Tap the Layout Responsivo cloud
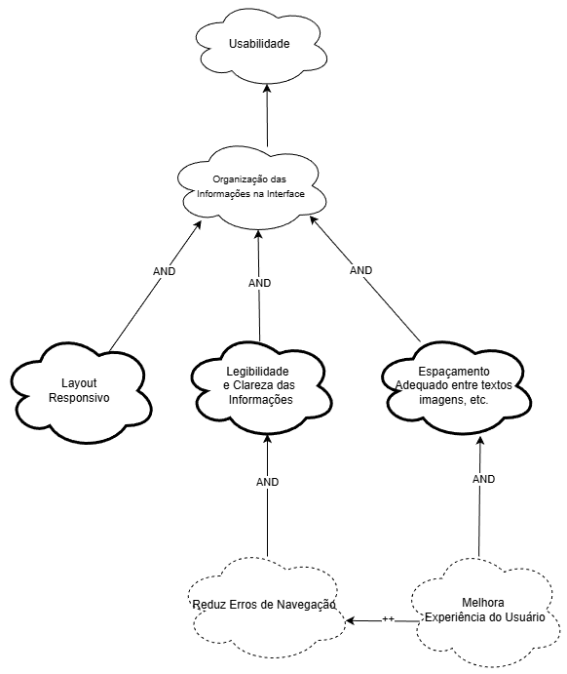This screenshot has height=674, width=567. tap(78, 390)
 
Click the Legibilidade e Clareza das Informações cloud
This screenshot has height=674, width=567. tap(258, 386)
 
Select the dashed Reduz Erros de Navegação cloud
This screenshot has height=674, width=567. tap(263, 606)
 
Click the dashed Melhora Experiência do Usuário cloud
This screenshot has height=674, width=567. tap(483, 610)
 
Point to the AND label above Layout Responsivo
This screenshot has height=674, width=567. tap(165, 271)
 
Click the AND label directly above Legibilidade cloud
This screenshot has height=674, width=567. tap(259, 283)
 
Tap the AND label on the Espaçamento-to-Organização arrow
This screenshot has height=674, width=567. tap(360, 269)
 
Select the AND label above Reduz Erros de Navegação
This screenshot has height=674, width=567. tap(267, 482)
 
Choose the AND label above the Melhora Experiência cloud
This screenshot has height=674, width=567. tap(483, 479)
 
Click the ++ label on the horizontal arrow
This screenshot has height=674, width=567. tap(388, 619)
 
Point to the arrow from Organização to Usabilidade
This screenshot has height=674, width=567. tap(266, 112)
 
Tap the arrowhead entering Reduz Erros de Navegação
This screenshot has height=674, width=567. tap(347, 620)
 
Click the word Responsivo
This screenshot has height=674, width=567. tap(79, 398)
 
